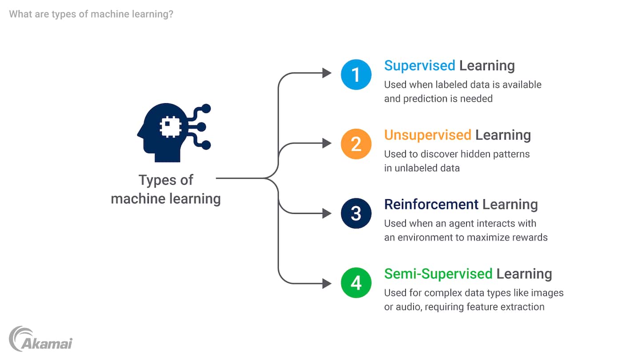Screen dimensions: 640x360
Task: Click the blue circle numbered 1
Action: click(356, 75)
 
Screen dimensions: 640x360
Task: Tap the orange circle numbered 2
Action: click(356, 144)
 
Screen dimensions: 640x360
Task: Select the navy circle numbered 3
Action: click(356, 213)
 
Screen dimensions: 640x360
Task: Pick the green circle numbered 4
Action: click(356, 283)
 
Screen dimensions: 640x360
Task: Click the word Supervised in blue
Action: click(420, 66)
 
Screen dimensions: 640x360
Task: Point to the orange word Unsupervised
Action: click(428, 135)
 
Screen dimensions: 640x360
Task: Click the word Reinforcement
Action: click(431, 204)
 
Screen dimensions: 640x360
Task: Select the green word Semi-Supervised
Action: click(438, 274)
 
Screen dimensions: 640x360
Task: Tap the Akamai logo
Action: click(40, 339)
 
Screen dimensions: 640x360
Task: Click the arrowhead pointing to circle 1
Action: click(327, 73)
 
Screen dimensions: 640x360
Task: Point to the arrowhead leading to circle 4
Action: click(327, 284)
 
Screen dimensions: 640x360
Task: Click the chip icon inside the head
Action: click(170, 127)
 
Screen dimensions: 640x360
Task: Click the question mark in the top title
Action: click(171, 14)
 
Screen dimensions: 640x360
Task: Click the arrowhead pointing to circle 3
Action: click(327, 213)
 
